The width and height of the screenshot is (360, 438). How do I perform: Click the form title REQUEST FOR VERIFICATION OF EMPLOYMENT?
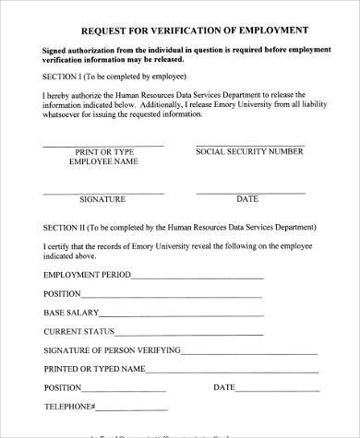pyautogui.click(x=181, y=29)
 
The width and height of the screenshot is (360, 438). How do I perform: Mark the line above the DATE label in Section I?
pyautogui.click(x=247, y=193)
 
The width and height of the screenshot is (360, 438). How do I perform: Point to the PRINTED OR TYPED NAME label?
pyautogui.click(x=94, y=369)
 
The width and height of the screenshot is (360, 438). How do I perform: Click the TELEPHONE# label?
pyautogui.click(x=69, y=407)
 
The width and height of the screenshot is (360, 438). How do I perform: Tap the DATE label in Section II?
pyautogui.click(x=224, y=387)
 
